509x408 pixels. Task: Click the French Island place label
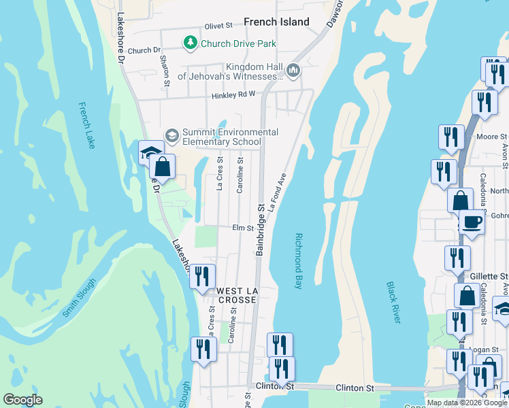point(276,22)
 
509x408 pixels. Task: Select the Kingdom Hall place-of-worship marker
point(294,70)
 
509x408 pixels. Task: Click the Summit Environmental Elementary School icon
point(171,136)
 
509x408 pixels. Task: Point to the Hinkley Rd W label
point(232,96)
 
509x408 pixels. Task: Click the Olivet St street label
point(218,25)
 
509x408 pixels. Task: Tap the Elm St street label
point(243,228)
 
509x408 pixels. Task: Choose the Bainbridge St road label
point(260,230)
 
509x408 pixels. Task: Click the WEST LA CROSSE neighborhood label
point(237,296)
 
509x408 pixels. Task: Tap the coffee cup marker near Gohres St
point(472,221)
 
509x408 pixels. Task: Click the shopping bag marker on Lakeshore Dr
point(163,166)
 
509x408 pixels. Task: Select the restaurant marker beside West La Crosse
point(202,276)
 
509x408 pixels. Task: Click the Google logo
point(22,400)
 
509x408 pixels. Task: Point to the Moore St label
point(488,137)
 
